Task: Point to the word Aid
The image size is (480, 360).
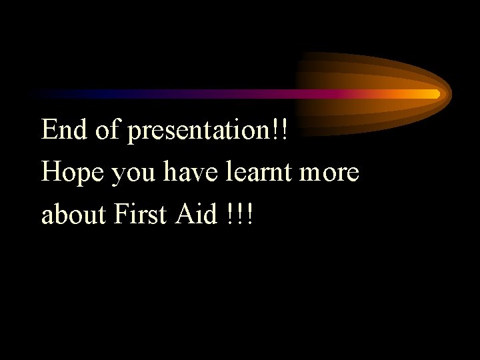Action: tap(198, 215)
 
